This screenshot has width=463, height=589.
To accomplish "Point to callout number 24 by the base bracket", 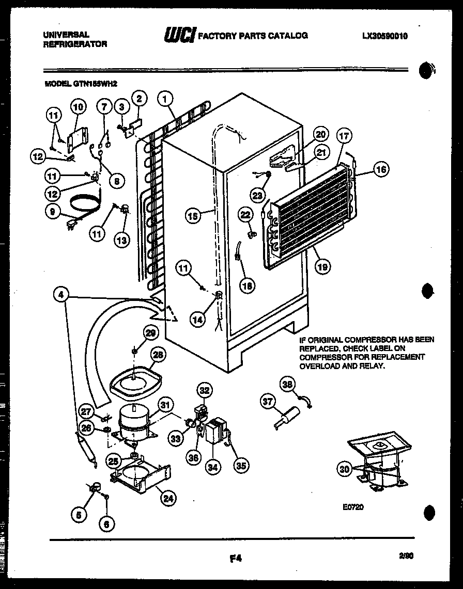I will coord(168,499).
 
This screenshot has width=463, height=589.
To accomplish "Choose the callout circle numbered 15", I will coord(192,216).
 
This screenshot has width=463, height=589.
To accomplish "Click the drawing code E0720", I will coord(353,507).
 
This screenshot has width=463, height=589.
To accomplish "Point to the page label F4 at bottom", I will coord(235,558).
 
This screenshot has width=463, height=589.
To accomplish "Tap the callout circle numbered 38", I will coord(287,384).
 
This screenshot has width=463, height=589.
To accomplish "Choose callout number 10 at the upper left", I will coord(78,107).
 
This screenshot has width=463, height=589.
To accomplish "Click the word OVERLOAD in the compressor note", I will coord(317,365).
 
